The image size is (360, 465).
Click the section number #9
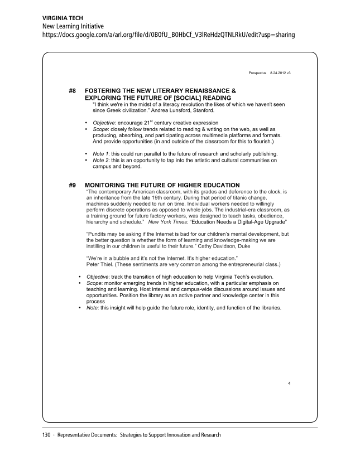(72, 185)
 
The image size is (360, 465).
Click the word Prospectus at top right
(257, 74)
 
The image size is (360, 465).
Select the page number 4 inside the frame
(289, 384)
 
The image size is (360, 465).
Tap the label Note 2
(101, 160)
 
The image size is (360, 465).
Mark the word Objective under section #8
(104, 123)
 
